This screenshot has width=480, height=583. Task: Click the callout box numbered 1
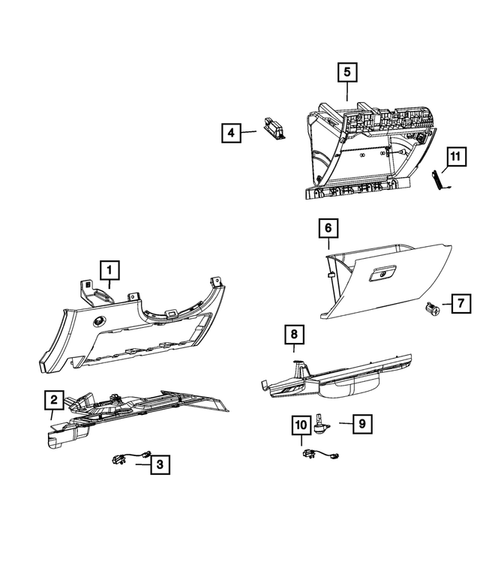click(109, 269)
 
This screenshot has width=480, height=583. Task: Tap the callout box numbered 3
click(159, 465)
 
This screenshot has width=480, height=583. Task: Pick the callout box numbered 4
click(232, 134)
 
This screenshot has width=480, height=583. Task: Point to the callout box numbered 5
click(346, 73)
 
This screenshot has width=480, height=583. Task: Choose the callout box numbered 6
click(328, 227)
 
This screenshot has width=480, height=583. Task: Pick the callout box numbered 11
click(453, 157)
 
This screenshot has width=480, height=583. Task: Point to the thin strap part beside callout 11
click(440, 182)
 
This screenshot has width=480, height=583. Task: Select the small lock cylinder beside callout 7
click(432, 306)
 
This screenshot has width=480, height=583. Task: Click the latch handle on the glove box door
click(382, 275)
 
